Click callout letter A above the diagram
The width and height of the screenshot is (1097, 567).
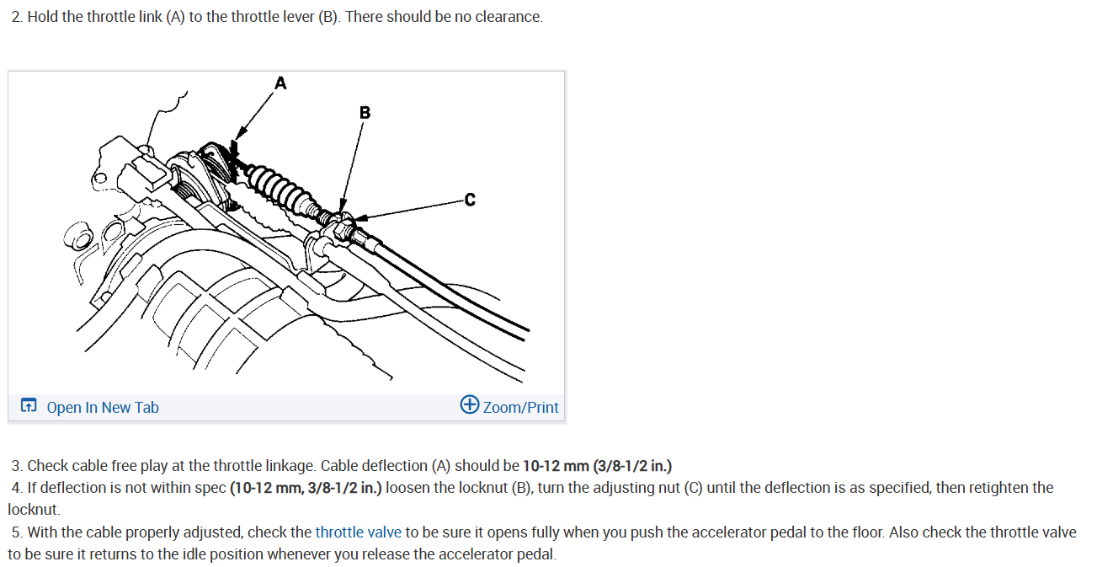click(280, 83)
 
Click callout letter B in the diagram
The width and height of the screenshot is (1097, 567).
click(364, 112)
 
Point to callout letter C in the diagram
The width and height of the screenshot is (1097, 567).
click(469, 200)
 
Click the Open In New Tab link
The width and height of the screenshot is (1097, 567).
click(102, 408)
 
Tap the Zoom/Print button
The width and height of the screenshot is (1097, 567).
click(520, 408)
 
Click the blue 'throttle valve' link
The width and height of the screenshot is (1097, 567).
click(358, 532)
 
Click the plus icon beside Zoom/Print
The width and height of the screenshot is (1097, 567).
click(470, 405)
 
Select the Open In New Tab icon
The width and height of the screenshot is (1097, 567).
click(29, 407)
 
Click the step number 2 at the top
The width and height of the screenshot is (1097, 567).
click(16, 18)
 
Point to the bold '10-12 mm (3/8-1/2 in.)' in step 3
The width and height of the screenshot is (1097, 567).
click(597, 466)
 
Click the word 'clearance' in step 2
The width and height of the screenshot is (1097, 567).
click(508, 18)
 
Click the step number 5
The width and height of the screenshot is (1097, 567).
click(17, 532)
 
